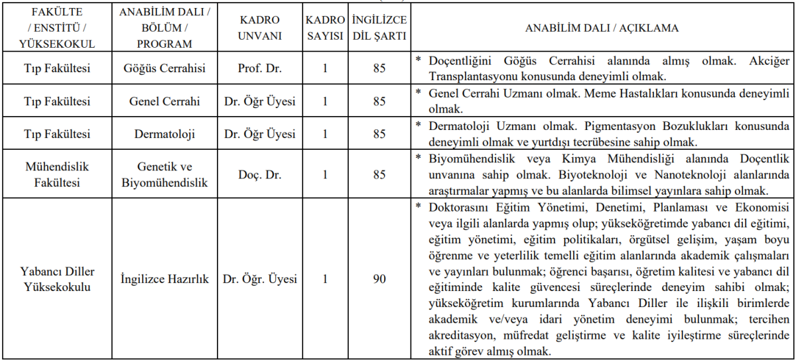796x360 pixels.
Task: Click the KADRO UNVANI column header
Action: (259, 28)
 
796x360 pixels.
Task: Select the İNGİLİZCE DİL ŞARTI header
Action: (379, 28)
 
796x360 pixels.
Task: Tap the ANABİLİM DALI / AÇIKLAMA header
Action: (601, 29)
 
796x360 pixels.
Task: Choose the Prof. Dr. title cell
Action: (259, 68)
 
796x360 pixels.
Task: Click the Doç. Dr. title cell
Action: (259, 174)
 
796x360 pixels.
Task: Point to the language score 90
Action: (379, 279)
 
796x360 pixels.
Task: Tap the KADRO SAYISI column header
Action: (325, 28)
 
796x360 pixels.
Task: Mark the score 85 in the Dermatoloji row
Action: (379, 134)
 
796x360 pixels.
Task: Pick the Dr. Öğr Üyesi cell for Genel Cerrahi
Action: (259, 101)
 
